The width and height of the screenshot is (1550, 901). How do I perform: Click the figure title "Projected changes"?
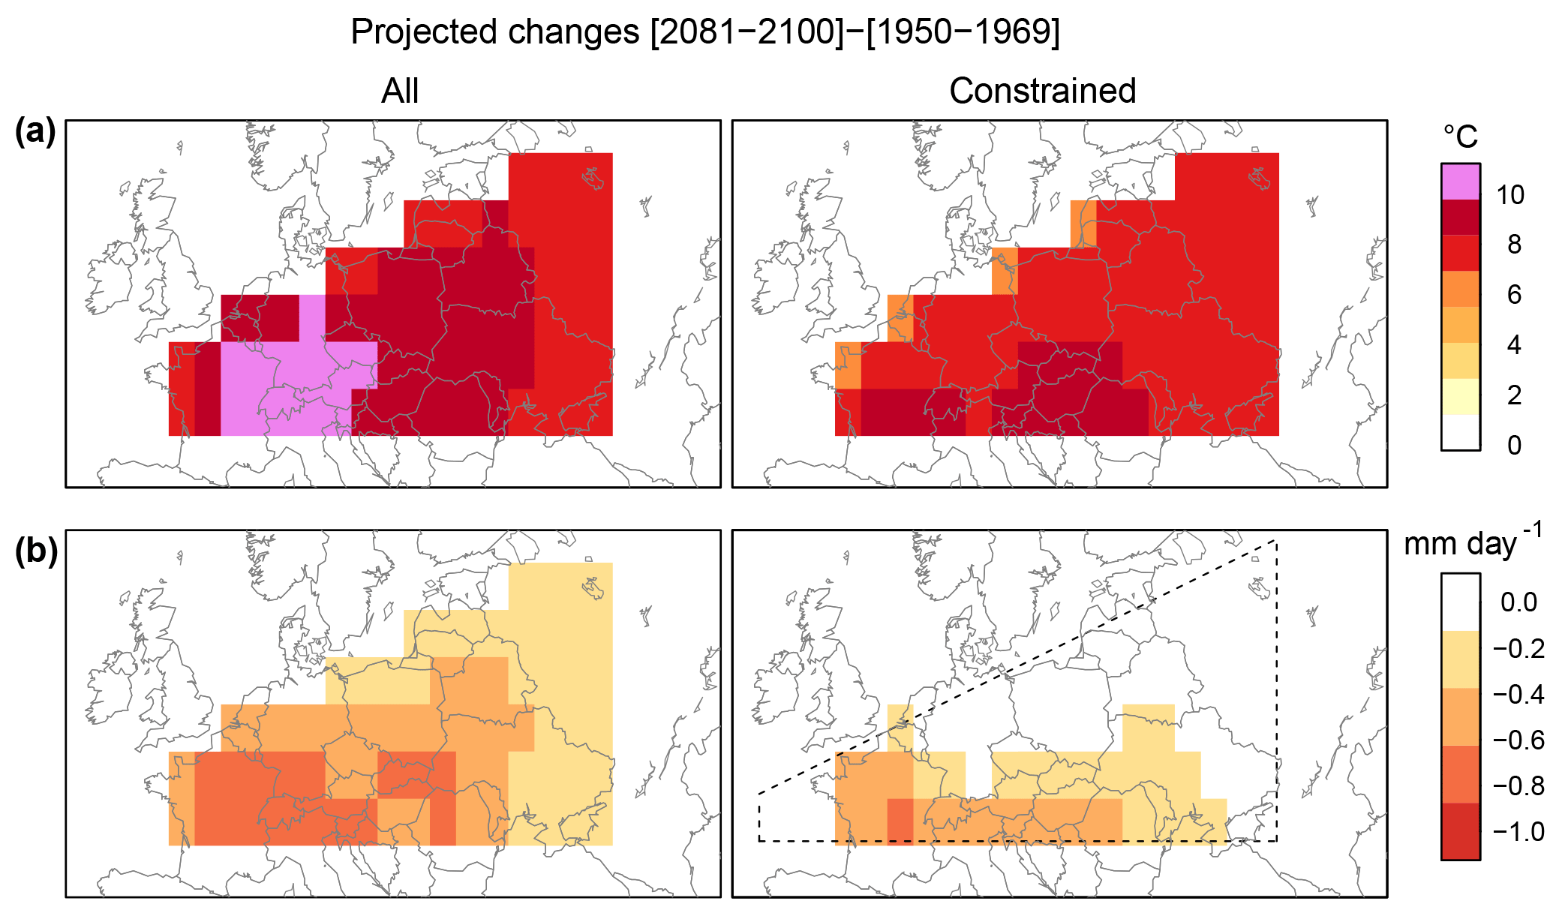[x=494, y=32]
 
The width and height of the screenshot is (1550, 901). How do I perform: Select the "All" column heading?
[x=399, y=92]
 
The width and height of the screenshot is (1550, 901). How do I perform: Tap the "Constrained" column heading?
[x=1042, y=92]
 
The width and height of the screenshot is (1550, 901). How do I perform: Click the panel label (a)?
[x=35, y=132]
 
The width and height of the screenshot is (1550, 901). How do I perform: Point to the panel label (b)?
[x=36, y=551]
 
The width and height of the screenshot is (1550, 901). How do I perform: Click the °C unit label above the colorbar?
[x=1460, y=137]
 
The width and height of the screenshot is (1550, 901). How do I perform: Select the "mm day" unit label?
[x=1460, y=543]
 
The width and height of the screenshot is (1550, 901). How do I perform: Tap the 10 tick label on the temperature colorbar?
[x=1509, y=195]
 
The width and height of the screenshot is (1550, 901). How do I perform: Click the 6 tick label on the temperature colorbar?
[x=1514, y=295]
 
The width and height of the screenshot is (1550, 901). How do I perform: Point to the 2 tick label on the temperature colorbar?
[x=1514, y=395]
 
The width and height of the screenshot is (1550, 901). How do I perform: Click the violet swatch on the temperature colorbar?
[x=1460, y=182]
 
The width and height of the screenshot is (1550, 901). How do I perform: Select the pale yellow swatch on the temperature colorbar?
[x=1460, y=397]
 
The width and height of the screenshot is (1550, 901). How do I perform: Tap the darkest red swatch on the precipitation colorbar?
[x=1460, y=831]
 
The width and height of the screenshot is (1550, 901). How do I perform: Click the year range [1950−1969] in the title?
[x=963, y=32]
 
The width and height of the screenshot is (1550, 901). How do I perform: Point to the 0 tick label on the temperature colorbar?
[x=1514, y=446]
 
